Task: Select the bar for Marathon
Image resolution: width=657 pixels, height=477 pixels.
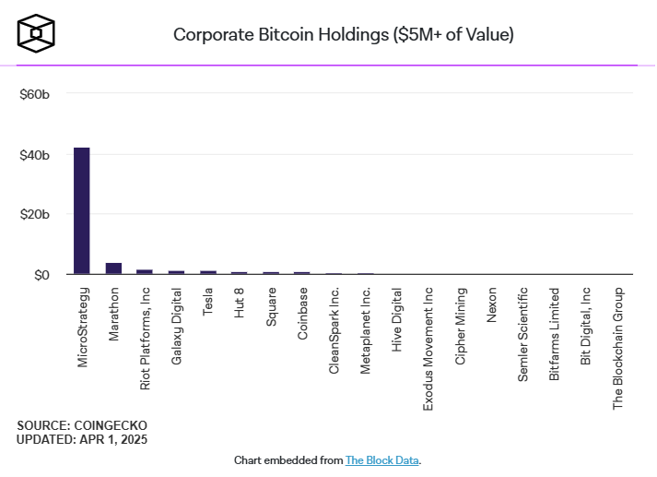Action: click(113, 268)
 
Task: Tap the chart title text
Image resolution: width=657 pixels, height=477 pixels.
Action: click(344, 35)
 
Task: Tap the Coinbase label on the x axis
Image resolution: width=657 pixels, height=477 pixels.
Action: click(302, 314)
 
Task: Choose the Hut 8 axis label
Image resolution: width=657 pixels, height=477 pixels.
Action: click(240, 303)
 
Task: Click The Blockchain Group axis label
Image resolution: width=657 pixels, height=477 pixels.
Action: click(618, 348)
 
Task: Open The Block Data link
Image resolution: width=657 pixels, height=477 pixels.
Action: click(381, 459)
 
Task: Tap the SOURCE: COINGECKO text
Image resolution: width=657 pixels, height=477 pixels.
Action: click(81, 425)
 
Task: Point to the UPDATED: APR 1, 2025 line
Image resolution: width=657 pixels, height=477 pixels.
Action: click(82, 439)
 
